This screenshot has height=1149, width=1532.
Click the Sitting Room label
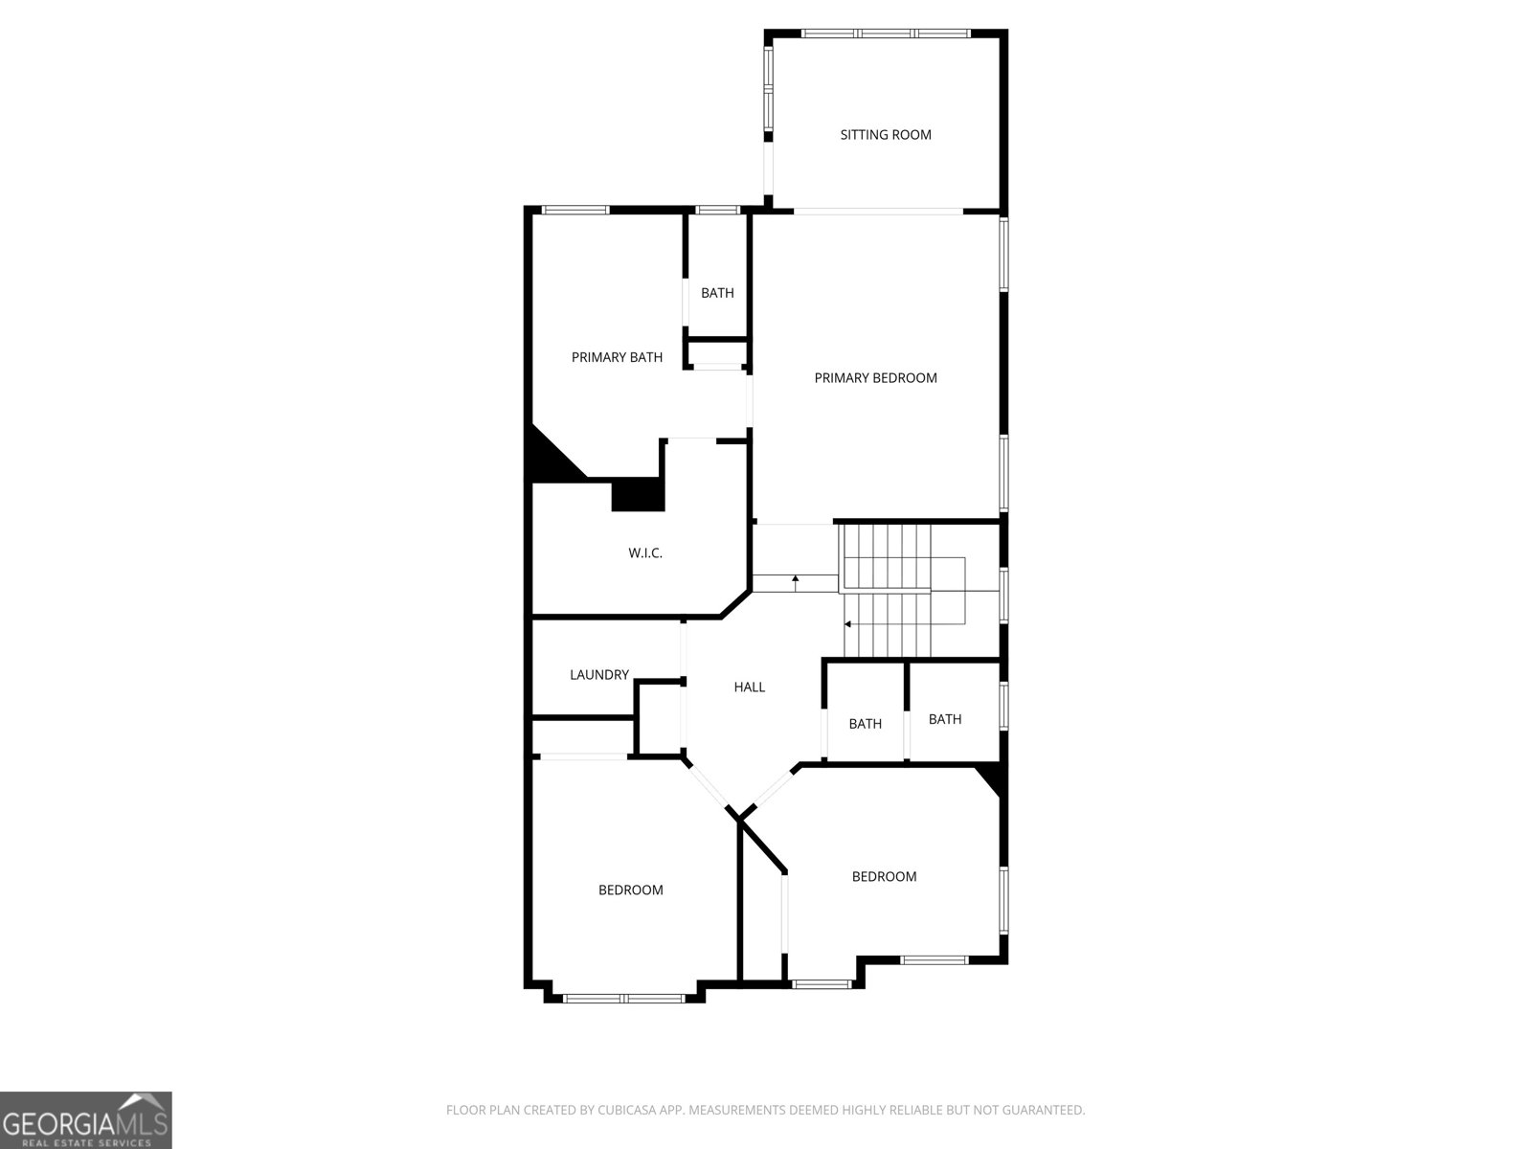pyautogui.click(x=886, y=135)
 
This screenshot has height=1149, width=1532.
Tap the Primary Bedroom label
pyautogui.click(x=875, y=378)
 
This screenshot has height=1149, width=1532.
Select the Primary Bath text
pyautogui.click(x=617, y=358)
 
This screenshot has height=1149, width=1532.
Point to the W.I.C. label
pyautogui.click(x=645, y=553)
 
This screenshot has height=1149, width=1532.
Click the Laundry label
pyautogui.click(x=598, y=675)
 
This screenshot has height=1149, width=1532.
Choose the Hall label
pyautogui.click(x=749, y=687)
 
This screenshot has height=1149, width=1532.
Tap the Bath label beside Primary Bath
pyautogui.click(x=717, y=293)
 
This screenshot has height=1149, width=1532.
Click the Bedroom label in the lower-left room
pyautogui.click(x=630, y=890)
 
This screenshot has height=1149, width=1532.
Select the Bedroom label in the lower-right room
pyautogui.click(x=884, y=877)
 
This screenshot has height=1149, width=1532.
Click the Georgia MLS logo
pyautogui.click(x=85, y=1119)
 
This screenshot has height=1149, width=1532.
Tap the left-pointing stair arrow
pyautogui.click(x=848, y=624)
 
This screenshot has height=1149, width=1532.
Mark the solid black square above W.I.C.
pyautogui.click(x=638, y=495)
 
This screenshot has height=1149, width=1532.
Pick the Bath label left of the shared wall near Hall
pyautogui.click(x=865, y=724)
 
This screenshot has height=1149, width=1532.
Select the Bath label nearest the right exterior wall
pyautogui.click(x=944, y=719)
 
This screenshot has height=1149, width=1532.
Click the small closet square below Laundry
pyautogui.click(x=659, y=718)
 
